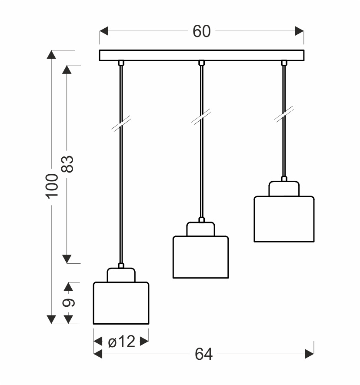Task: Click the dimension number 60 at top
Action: coord(201,31)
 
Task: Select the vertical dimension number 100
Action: coord(52,186)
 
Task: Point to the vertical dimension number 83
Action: coord(67,164)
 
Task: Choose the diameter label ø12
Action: coord(121,342)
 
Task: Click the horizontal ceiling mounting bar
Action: coord(201,56)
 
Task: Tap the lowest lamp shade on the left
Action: coord(121,303)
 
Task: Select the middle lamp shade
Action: coord(200,257)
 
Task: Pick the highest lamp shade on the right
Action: coord(284,219)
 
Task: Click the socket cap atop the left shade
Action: coord(121,275)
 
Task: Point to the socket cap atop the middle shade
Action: coord(200,229)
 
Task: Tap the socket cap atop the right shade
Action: coord(284,189)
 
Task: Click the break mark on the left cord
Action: coord(121,123)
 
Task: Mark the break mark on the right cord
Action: coord(284,114)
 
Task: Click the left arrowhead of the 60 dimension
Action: coord(104,31)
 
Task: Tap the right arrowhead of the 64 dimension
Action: coord(310,355)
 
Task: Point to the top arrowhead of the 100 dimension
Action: coord(52,55)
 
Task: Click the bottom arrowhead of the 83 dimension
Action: coord(67,259)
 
